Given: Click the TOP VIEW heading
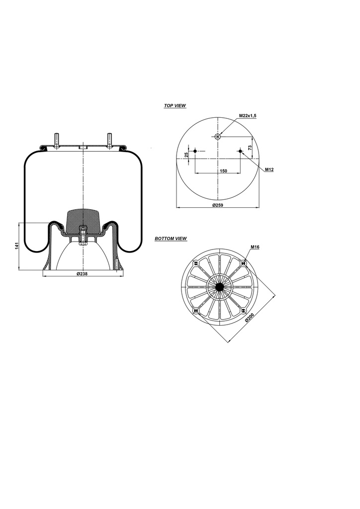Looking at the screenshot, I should (175, 106).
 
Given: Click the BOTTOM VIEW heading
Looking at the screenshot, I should (171, 239).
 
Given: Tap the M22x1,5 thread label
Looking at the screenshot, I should (247, 116).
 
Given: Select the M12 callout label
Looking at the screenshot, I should (269, 170).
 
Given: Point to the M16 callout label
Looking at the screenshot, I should (255, 247).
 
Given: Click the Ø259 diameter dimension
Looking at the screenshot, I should (217, 205).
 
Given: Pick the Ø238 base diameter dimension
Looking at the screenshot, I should (82, 274).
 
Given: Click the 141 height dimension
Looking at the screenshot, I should (16, 246).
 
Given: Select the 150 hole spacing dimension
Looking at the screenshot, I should (223, 170).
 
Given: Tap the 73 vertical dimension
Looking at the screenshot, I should (250, 144).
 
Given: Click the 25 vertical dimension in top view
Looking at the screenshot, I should (186, 155).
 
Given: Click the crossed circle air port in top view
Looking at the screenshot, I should (217, 137).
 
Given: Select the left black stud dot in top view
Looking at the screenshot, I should (195, 151).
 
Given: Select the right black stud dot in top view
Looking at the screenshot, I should (240, 151).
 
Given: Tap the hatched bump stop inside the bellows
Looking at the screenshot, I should (83, 217).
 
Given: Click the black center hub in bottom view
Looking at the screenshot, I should (219, 287).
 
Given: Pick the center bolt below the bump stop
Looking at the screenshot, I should (83, 235).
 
